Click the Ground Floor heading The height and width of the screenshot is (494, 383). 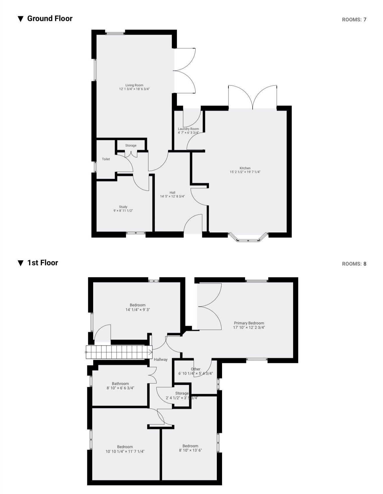click(x=49, y=19)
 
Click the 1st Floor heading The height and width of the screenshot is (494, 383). click(x=42, y=263)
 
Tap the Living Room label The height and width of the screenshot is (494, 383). click(x=134, y=85)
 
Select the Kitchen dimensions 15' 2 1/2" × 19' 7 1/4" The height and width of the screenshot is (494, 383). click(x=245, y=172)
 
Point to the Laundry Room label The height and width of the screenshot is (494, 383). click(x=188, y=129)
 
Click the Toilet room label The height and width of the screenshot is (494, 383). click(x=106, y=159)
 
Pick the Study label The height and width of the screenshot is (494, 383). click(x=123, y=207)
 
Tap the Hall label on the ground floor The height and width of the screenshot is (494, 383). click(x=172, y=192)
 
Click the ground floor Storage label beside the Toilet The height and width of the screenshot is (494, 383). click(x=131, y=146)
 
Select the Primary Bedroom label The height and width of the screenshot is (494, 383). click(x=249, y=323)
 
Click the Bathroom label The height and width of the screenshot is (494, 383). click(x=120, y=384)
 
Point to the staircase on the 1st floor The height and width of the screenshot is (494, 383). click(x=119, y=352)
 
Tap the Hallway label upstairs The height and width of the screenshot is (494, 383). click(x=161, y=360)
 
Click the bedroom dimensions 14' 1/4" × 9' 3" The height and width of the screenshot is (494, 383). click(x=138, y=310)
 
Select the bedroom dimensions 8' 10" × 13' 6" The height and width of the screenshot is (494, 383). click(x=190, y=450)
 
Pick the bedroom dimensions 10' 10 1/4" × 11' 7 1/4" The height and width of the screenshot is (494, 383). click(x=125, y=451)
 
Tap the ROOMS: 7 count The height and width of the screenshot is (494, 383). click(x=354, y=20)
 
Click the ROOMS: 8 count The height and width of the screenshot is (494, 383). click(x=354, y=264)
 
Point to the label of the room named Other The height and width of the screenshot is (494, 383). click(x=196, y=369)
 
